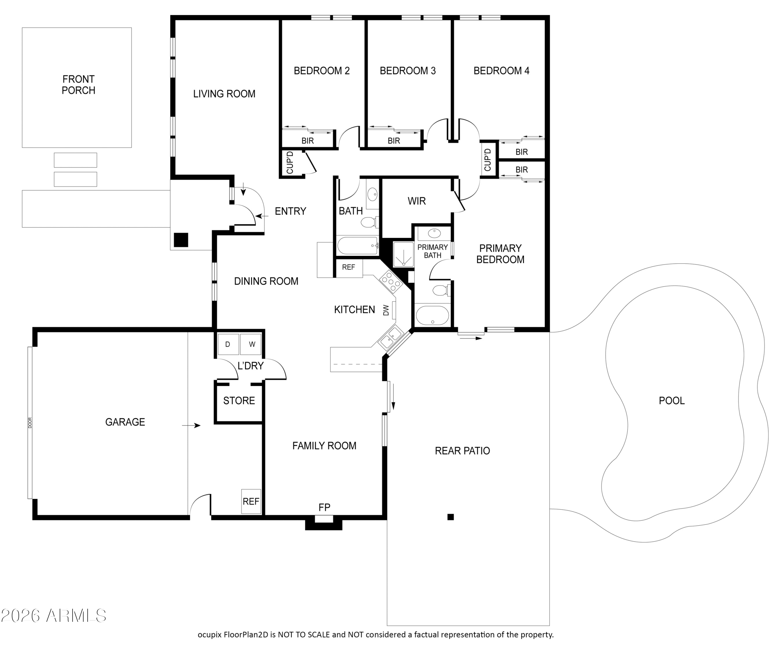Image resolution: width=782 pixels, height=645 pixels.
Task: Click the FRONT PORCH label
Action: [x=78, y=85]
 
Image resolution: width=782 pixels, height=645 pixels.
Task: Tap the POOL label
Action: [x=671, y=401]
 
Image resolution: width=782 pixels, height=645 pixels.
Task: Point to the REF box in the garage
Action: [x=251, y=501]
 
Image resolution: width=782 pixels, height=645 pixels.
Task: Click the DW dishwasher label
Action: [x=386, y=310]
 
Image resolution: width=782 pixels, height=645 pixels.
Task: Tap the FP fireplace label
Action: [x=324, y=507]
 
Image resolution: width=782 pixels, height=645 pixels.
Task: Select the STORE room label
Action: [x=239, y=401]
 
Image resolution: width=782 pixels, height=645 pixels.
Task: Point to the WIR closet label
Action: [x=417, y=201]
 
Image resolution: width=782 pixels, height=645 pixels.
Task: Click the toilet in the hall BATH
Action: [x=369, y=222]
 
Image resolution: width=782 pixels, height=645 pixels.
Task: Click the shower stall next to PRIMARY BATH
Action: [x=403, y=255]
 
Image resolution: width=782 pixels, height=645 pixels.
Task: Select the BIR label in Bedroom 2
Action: [x=307, y=141]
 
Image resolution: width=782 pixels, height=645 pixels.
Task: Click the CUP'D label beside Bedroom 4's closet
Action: [x=487, y=160]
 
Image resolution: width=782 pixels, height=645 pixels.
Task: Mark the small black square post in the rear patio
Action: [x=450, y=517]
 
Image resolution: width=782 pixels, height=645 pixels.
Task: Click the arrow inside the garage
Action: [x=191, y=425]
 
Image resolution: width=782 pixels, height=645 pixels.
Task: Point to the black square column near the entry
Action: [x=181, y=240]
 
